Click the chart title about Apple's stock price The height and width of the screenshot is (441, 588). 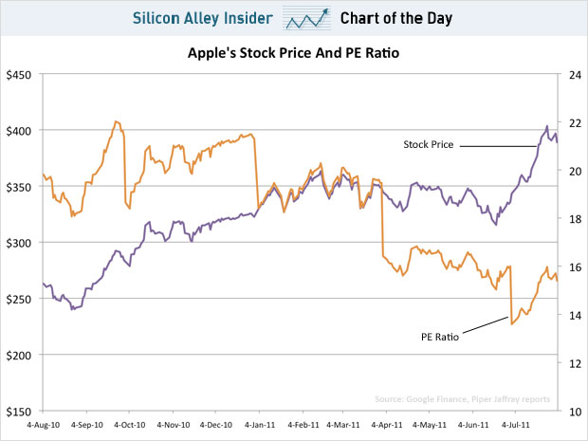(293, 53)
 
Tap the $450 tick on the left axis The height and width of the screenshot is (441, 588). (18, 75)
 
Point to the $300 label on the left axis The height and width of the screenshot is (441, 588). (18, 243)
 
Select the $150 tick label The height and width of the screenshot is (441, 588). (18, 412)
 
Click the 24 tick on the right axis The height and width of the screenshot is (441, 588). (575, 75)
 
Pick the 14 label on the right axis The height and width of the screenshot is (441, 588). (575, 316)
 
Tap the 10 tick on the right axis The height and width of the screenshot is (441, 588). (575, 412)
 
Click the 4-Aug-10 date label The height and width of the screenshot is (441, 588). (43, 425)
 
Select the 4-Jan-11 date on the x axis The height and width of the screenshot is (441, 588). (260, 425)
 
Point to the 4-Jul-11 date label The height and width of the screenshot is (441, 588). (515, 425)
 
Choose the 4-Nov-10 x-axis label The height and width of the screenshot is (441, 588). (174, 425)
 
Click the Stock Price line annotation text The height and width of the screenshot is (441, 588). (429, 144)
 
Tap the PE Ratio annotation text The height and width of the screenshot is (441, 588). (440, 337)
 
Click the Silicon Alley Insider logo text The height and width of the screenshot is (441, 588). (203, 18)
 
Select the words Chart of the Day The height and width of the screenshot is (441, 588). (396, 18)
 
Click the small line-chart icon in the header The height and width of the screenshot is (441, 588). (306, 18)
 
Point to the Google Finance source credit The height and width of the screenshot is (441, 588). (463, 399)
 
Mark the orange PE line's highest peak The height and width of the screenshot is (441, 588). (116, 121)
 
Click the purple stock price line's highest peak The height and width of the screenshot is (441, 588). (547, 126)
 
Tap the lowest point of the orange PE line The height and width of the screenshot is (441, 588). (511, 324)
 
